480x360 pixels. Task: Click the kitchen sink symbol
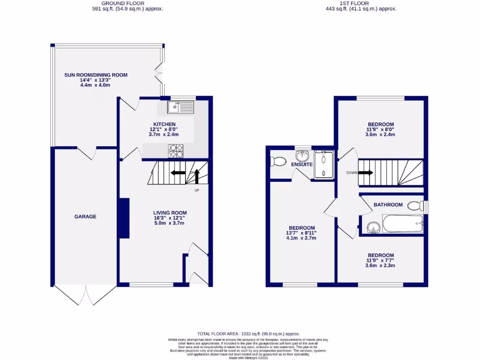point(180,108)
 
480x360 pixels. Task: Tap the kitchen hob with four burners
point(176,150)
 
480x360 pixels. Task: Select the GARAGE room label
point(85,217)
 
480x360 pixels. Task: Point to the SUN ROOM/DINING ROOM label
point(96,75)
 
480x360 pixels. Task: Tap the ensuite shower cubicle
point(323,165)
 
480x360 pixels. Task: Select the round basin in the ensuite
point(301,156)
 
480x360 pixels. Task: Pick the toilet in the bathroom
point(415,205)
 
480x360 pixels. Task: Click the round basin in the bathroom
point(373,227)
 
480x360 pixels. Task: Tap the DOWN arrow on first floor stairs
point(366,172)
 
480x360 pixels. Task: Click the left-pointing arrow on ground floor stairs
point(178,172)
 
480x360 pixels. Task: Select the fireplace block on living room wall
point(124,218)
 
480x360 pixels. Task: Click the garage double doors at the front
point(86,295)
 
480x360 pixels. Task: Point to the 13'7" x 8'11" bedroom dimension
point(301,233)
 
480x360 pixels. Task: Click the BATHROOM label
point(388,205)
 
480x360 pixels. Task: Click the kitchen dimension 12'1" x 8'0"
point(163,129)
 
